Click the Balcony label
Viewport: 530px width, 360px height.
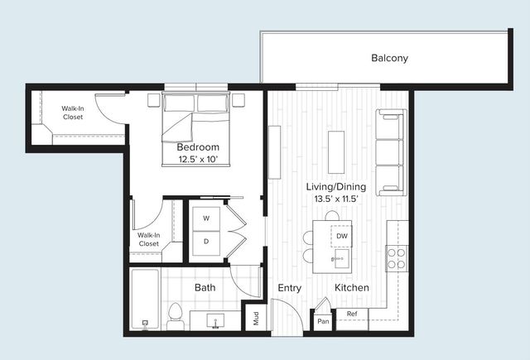tap(389, 59)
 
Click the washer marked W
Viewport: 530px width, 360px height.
tap(206, 218)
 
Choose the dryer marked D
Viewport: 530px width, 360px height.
tap(206, 241)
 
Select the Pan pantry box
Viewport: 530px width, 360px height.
tap(323, 319)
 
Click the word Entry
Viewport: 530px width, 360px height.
tap(289, 288)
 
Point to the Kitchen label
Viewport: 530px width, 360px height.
tap(352, 288)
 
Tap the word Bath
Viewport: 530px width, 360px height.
tap(205, 288)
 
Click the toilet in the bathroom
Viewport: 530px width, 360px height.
tap(175, 314)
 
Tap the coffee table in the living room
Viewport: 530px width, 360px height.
tap(335, 151)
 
